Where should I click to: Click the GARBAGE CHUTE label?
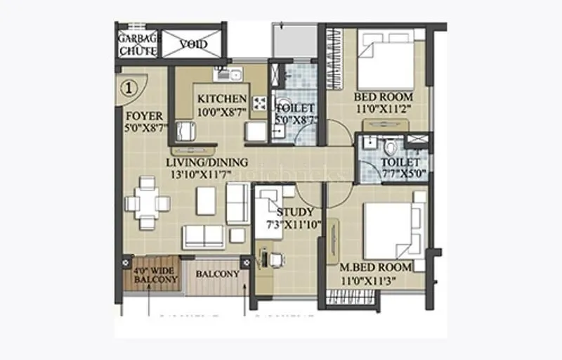[139, 44]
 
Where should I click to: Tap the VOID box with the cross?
[192, 44]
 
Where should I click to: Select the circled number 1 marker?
[129, 89]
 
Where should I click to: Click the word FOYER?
[143, 115]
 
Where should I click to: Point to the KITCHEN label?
[222, 98]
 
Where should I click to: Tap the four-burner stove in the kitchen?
[259, 103]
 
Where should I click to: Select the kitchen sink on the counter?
[228, 73]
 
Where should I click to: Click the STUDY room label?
[295, 212]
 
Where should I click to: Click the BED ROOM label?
[383, 96]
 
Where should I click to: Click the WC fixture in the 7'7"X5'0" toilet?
[391, 146]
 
